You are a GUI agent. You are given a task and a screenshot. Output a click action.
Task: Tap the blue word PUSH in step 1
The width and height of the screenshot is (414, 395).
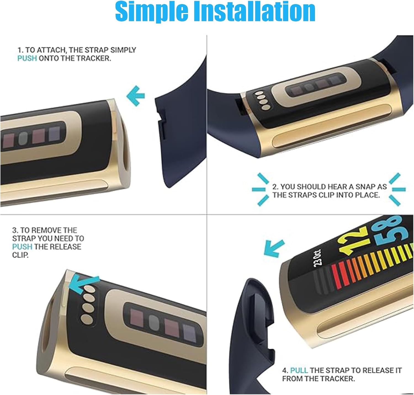click(x=27, y=58)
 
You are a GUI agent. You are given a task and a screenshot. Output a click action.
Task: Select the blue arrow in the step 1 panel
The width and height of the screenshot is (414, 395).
click(x=136, y=96)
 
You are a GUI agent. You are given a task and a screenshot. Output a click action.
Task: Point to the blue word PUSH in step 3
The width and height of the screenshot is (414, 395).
click(x=22, y=247)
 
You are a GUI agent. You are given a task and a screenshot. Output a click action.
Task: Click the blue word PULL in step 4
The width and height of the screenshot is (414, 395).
click(x=299, y=370)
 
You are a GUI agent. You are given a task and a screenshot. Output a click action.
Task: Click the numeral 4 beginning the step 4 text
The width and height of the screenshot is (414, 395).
click(x=285, y=370)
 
